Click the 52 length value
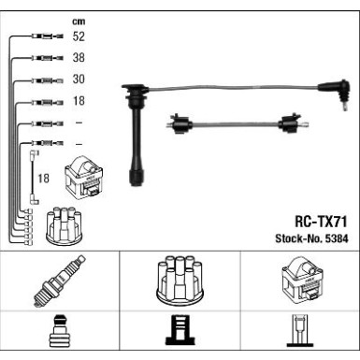(x=79, y=36)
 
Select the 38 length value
(x=79, y=58)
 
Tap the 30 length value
(x=79, y=79)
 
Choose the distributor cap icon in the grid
(x=180, y=281)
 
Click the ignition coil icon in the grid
(x=299, y=280)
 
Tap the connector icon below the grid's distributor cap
(x=180, y=335)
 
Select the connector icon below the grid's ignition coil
(x=299, y=335)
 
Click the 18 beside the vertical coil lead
(x=43, y=178)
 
